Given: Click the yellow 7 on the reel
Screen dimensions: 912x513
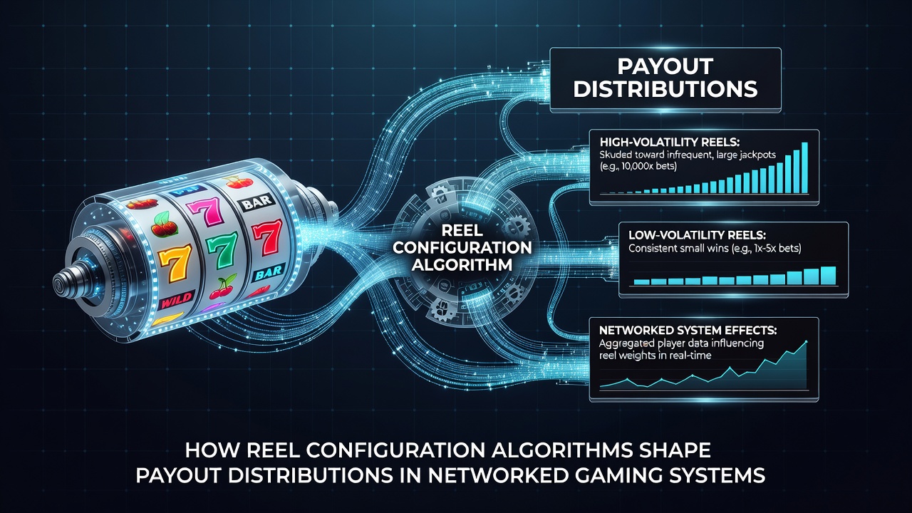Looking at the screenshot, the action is (175, 265).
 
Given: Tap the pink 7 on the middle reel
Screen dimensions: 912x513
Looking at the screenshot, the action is (206, 210).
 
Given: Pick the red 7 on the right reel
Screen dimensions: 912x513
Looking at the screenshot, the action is (266, 237).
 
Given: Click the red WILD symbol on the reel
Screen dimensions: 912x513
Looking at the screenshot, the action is (176, 301).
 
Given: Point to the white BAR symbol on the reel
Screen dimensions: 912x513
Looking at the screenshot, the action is (257, 202).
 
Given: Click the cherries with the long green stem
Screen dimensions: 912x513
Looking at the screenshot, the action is (222, 288).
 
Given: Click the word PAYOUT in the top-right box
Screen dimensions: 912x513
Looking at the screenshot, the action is (665, 66).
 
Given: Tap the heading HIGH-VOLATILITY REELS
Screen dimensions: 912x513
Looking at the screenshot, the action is (670, 142).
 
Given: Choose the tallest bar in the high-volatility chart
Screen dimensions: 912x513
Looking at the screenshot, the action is (804, 167).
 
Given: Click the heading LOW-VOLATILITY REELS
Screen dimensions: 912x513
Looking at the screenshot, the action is (697, 235).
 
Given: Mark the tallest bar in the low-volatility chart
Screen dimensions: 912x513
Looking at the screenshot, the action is (828, 276).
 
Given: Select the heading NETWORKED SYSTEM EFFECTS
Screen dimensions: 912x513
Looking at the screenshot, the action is (688, 330).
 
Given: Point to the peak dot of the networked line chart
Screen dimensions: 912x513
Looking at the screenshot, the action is (806, 341).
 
